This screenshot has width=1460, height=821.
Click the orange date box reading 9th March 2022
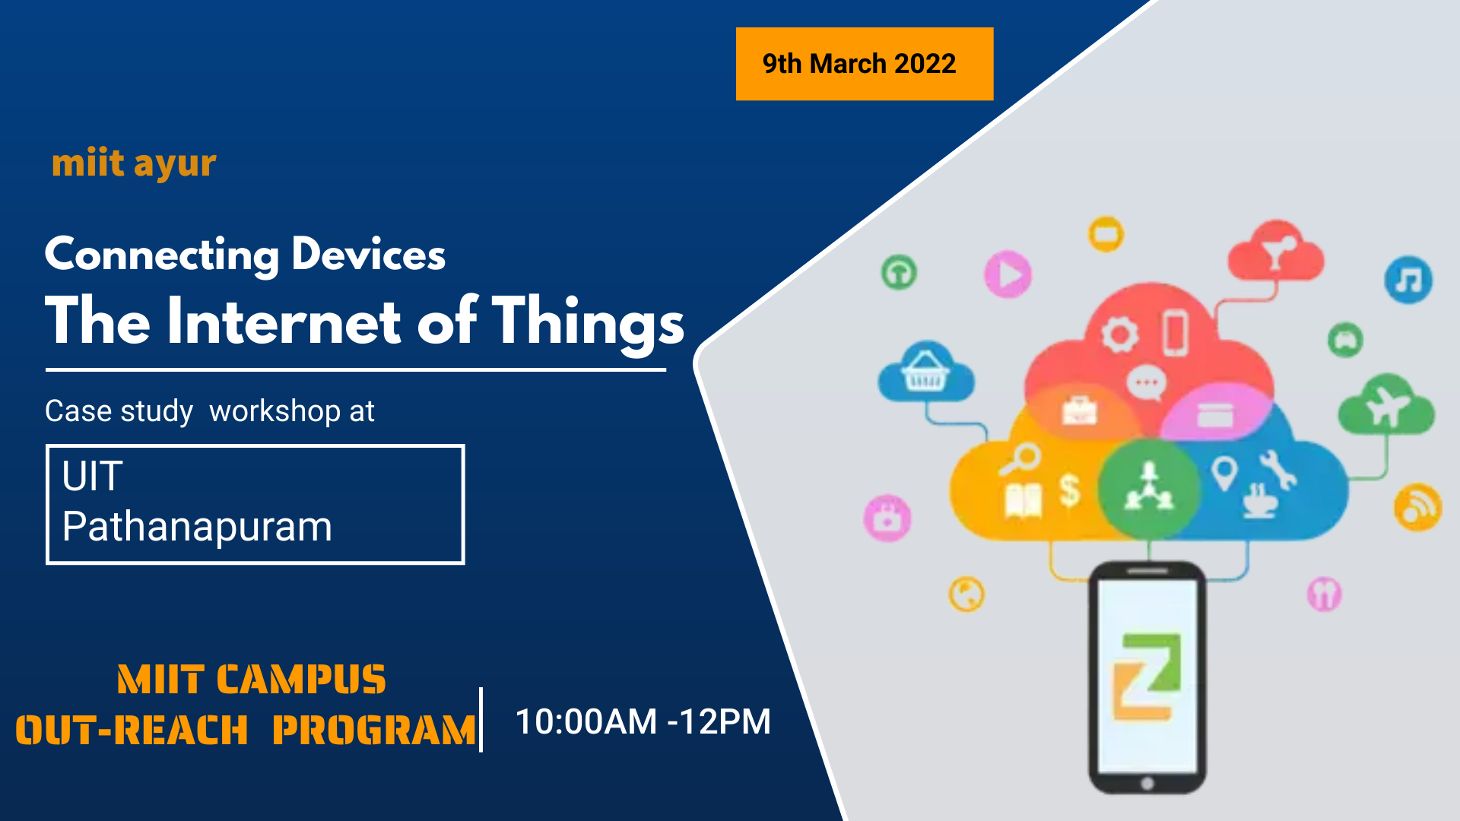(865, 64)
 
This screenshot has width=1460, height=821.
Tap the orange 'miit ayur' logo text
(134, 163)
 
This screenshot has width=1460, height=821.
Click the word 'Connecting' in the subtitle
(162, 255)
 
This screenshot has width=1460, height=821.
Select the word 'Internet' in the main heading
(284, 321)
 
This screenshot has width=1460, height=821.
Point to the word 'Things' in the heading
(588, 323)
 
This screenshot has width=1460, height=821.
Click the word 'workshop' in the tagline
(275, 411)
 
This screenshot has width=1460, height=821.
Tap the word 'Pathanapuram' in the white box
(198, 528)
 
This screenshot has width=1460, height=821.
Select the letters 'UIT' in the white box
(92, 477)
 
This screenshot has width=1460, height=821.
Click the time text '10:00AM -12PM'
(643, 721)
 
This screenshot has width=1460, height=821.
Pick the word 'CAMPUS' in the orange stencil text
(301, 680)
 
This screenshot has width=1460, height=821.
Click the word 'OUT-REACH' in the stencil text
(132, 730)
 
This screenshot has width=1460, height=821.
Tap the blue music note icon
(1408, 280)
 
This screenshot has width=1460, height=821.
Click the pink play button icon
(1008, 274)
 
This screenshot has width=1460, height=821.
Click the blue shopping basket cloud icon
(925, 372)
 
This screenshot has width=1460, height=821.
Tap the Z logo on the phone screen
(1147, 676)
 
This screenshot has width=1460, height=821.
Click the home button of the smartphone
(1147, 783)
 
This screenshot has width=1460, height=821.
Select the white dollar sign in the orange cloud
(1070, 490)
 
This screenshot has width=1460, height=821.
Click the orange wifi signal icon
(1417, 507)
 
